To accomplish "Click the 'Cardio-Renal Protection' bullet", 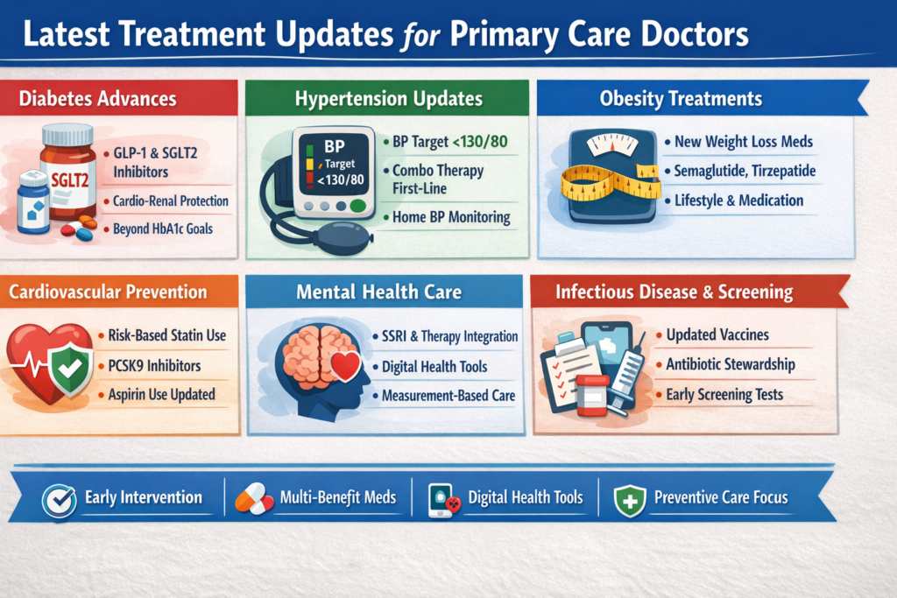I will click(171, 201).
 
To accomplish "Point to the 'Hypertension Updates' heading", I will click(387, 99).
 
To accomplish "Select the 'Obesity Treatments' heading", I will click(681, 98).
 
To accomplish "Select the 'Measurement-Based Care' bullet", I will click(448, 396).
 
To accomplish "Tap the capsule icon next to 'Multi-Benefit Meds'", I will click(255, 499).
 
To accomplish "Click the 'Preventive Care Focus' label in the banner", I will click(720, 498).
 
